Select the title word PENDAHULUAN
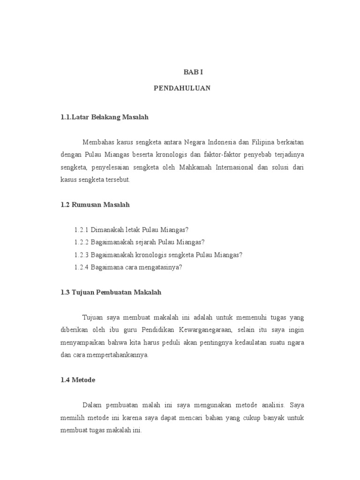pos(182,88)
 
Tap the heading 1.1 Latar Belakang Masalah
pos(105,117)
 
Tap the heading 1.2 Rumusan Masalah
pos(95,205)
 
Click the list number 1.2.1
pos(82,230)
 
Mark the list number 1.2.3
pos(82,255)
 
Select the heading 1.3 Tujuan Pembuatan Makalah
pos(111,292)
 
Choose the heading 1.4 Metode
pos(78,380)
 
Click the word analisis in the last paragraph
pos(272,404)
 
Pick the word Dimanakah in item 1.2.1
pos(106,230)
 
